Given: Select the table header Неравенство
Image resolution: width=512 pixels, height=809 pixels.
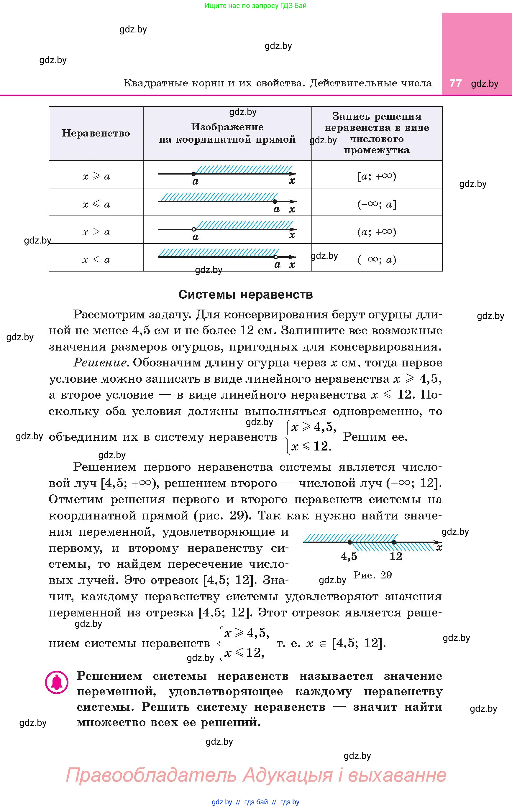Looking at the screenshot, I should tap(96, 133).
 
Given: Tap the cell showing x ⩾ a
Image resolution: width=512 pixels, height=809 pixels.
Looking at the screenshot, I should tap(96, 176).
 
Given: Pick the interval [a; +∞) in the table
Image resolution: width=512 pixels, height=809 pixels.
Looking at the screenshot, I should tap(377, 176).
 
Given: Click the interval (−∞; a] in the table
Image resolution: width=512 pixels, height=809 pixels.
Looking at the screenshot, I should tap(377, 204).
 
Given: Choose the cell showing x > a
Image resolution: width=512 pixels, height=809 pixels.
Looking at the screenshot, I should tap(96, 232).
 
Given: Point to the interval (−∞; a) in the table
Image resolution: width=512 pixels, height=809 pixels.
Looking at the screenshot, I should tap(377, 259).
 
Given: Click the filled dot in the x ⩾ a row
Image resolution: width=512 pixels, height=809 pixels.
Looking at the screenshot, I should tap(194, 174).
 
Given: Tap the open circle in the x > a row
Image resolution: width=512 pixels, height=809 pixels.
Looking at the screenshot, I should tap(194, 229).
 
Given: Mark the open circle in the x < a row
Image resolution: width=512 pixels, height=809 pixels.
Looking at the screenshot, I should tap(276, 257).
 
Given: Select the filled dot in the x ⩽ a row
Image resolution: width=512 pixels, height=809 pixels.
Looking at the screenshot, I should tap(275, 202).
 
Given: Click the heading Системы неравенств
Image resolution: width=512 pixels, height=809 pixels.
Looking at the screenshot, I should tap(245, 294).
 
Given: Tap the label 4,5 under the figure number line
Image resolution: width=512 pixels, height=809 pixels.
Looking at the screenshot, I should tap(349, 556).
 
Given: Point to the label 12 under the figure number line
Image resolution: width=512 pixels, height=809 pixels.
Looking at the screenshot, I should tap(396, 556).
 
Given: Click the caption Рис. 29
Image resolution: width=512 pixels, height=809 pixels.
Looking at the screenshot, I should tap(372, 575).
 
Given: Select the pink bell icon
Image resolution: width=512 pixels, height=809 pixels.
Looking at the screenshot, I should tap(57, 682).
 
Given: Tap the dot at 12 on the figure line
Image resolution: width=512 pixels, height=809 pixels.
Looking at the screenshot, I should tap(394, 542).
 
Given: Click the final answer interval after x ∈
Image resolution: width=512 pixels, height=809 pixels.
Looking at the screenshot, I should tap(358, 643).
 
